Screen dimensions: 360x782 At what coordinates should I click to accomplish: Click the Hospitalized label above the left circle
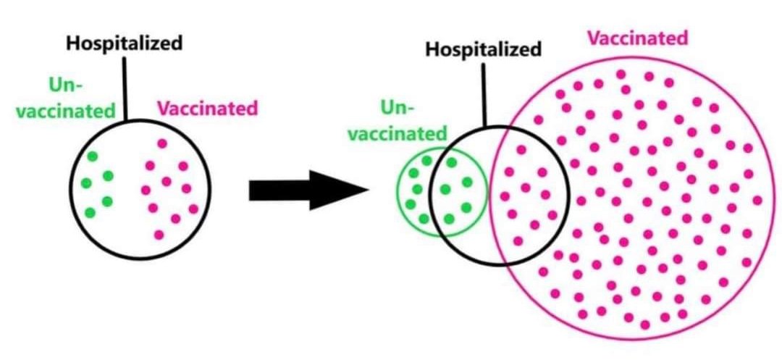(125, 43)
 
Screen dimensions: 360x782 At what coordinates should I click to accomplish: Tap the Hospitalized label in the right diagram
(483, 50)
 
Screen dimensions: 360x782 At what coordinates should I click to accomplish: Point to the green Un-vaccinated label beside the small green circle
(413, 121)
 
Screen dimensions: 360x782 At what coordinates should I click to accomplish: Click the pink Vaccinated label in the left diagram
(208, 109)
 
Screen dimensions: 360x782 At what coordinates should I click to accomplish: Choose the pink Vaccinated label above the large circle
(636, 38)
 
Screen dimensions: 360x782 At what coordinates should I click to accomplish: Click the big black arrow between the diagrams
(290, 191)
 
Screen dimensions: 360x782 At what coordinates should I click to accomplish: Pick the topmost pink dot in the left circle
(161, 143)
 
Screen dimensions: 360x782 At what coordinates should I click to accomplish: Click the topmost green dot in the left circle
(92, 156)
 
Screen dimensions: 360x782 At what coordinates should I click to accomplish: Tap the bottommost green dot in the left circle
(90, 213)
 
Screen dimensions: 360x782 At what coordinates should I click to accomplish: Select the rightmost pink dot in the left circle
(193, 209)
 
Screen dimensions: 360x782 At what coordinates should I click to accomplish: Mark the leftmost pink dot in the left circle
(146, 191)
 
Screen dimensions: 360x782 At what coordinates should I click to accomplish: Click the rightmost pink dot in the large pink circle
(757, 200)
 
